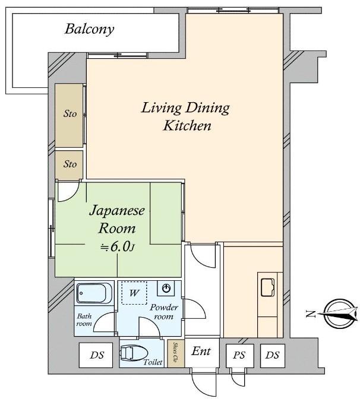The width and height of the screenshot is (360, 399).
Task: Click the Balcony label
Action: click(x=89, y=29)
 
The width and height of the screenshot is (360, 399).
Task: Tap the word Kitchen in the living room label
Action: click(x=187, y=125)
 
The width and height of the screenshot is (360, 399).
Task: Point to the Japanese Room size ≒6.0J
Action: click(x=118, y=246)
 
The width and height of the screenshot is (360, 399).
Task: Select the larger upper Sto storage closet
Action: click(x=69, y=115)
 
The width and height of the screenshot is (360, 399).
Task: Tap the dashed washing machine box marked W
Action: click(x=134, y=293)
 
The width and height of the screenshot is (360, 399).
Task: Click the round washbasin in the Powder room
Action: click(x=166, y=289)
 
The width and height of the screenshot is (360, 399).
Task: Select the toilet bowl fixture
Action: click(x=134, y=353)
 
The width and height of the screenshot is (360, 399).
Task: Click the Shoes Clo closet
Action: click(x=176, y=353)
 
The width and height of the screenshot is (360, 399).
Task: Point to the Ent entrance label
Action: click(x=201, y=351)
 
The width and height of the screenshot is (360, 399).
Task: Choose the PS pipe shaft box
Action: click(x=240, y=356)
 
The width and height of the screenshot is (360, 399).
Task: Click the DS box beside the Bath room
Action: click(x=96, y=355)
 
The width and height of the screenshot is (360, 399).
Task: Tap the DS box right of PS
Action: click(x=273, y=356)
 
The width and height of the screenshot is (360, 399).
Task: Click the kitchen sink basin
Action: click(x=267, y=287)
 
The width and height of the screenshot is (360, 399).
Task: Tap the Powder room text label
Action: click(x=163, y=312)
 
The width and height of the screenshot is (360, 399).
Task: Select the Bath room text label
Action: click(x=84, y=320)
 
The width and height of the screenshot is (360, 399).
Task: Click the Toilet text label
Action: click(x=153, y=362)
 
